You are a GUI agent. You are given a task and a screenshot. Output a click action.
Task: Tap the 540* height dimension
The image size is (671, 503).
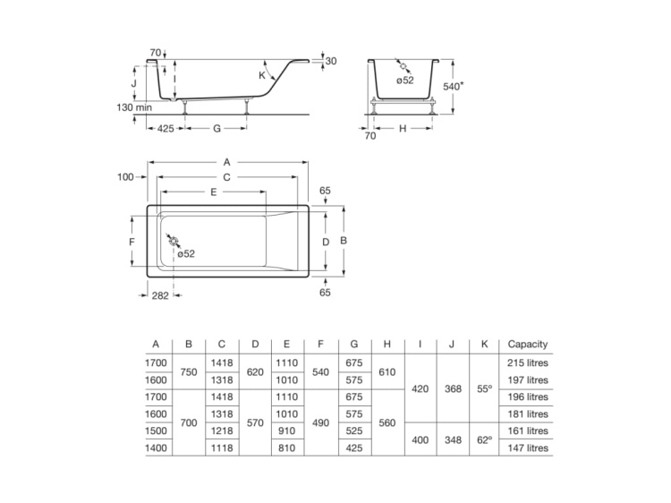pyautogui.click(x=454, y=87)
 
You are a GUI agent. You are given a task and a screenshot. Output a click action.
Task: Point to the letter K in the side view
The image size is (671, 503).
pyautogui.click(x=262, y=76)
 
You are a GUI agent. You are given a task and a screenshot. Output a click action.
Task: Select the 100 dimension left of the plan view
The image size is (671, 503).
pyautogui.click(x=125, y=177)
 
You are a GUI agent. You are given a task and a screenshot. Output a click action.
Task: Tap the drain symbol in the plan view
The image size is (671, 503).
pyautogui.click(x=173, y=241)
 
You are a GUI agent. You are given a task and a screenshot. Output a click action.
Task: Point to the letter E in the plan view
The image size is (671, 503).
pyautogui.click(x=213, y=192)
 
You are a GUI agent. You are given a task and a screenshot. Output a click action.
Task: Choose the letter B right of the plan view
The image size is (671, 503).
pyautogui.click(x=343, y=242)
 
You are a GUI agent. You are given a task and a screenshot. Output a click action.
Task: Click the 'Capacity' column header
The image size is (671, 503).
pyautogui.click(x=527, y=345)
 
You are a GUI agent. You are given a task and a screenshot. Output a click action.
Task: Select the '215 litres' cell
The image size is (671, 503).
pyautogui.click(x=527, y=363)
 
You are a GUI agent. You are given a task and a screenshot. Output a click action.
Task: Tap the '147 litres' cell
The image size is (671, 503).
pyautogui.click(x=527, y=448)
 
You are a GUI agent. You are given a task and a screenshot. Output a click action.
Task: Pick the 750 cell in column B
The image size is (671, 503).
pyautogui.click(x=189, y=371)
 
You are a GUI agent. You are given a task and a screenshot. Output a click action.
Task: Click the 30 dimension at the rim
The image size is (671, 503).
pyautogui.click(x=331, y=61)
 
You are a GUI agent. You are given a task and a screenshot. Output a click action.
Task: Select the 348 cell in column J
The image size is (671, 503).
pyautogui.click(x=453, y=440)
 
